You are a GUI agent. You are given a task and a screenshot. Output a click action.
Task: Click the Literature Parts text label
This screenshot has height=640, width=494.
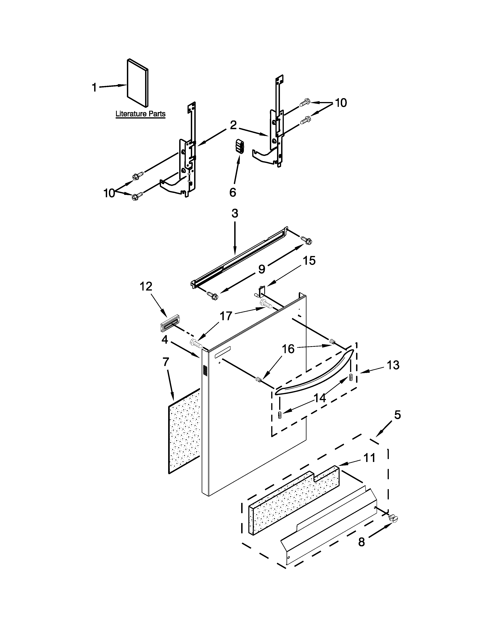(x=140, y=114)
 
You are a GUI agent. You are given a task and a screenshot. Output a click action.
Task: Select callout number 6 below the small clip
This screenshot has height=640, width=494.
(x=233, y=193)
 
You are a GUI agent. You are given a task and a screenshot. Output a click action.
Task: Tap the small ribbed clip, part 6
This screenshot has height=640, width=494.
(x=240, y=146)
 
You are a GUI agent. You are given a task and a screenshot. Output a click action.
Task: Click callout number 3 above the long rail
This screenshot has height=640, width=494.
(x=235, y=214)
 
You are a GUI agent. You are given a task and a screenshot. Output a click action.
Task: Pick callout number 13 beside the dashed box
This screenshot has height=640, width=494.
(x=393, y=365)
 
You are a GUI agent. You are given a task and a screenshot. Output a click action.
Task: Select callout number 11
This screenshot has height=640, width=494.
(x=369, y=458)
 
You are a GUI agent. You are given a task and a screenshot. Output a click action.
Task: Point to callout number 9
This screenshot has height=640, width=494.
(x=261, y=269)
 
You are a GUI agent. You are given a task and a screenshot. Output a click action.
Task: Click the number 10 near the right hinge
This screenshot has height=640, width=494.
(x=341, y=103)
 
